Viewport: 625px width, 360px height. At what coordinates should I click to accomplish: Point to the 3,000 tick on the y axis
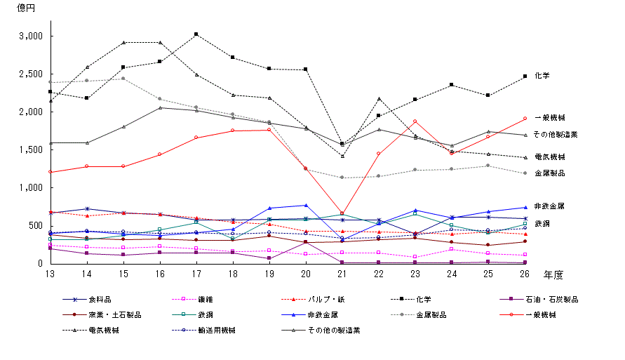click(32, 36)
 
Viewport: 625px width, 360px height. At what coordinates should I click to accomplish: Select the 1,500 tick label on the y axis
click(32, 150)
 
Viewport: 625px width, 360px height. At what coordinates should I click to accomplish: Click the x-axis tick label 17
click(196, 272)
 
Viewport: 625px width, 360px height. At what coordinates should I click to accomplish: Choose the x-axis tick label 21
click(342, 272)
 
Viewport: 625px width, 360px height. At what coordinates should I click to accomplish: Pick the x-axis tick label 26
click(524, 272)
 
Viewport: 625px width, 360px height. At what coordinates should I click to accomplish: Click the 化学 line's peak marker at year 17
click(196, 34)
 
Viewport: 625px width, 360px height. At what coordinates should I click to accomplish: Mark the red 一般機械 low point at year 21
click(342, 213)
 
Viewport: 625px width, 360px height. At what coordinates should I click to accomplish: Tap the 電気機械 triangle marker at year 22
click(379, 98)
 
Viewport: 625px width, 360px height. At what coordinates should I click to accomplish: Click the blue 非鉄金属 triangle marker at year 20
click(305, 206)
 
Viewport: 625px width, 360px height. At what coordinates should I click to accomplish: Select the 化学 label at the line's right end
click(542, 75)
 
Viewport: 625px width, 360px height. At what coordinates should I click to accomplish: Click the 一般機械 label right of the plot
click(549, 117)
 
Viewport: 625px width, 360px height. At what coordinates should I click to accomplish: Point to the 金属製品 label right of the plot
click(549, 173)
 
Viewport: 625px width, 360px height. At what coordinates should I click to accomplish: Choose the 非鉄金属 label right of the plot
click(549, 206)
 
